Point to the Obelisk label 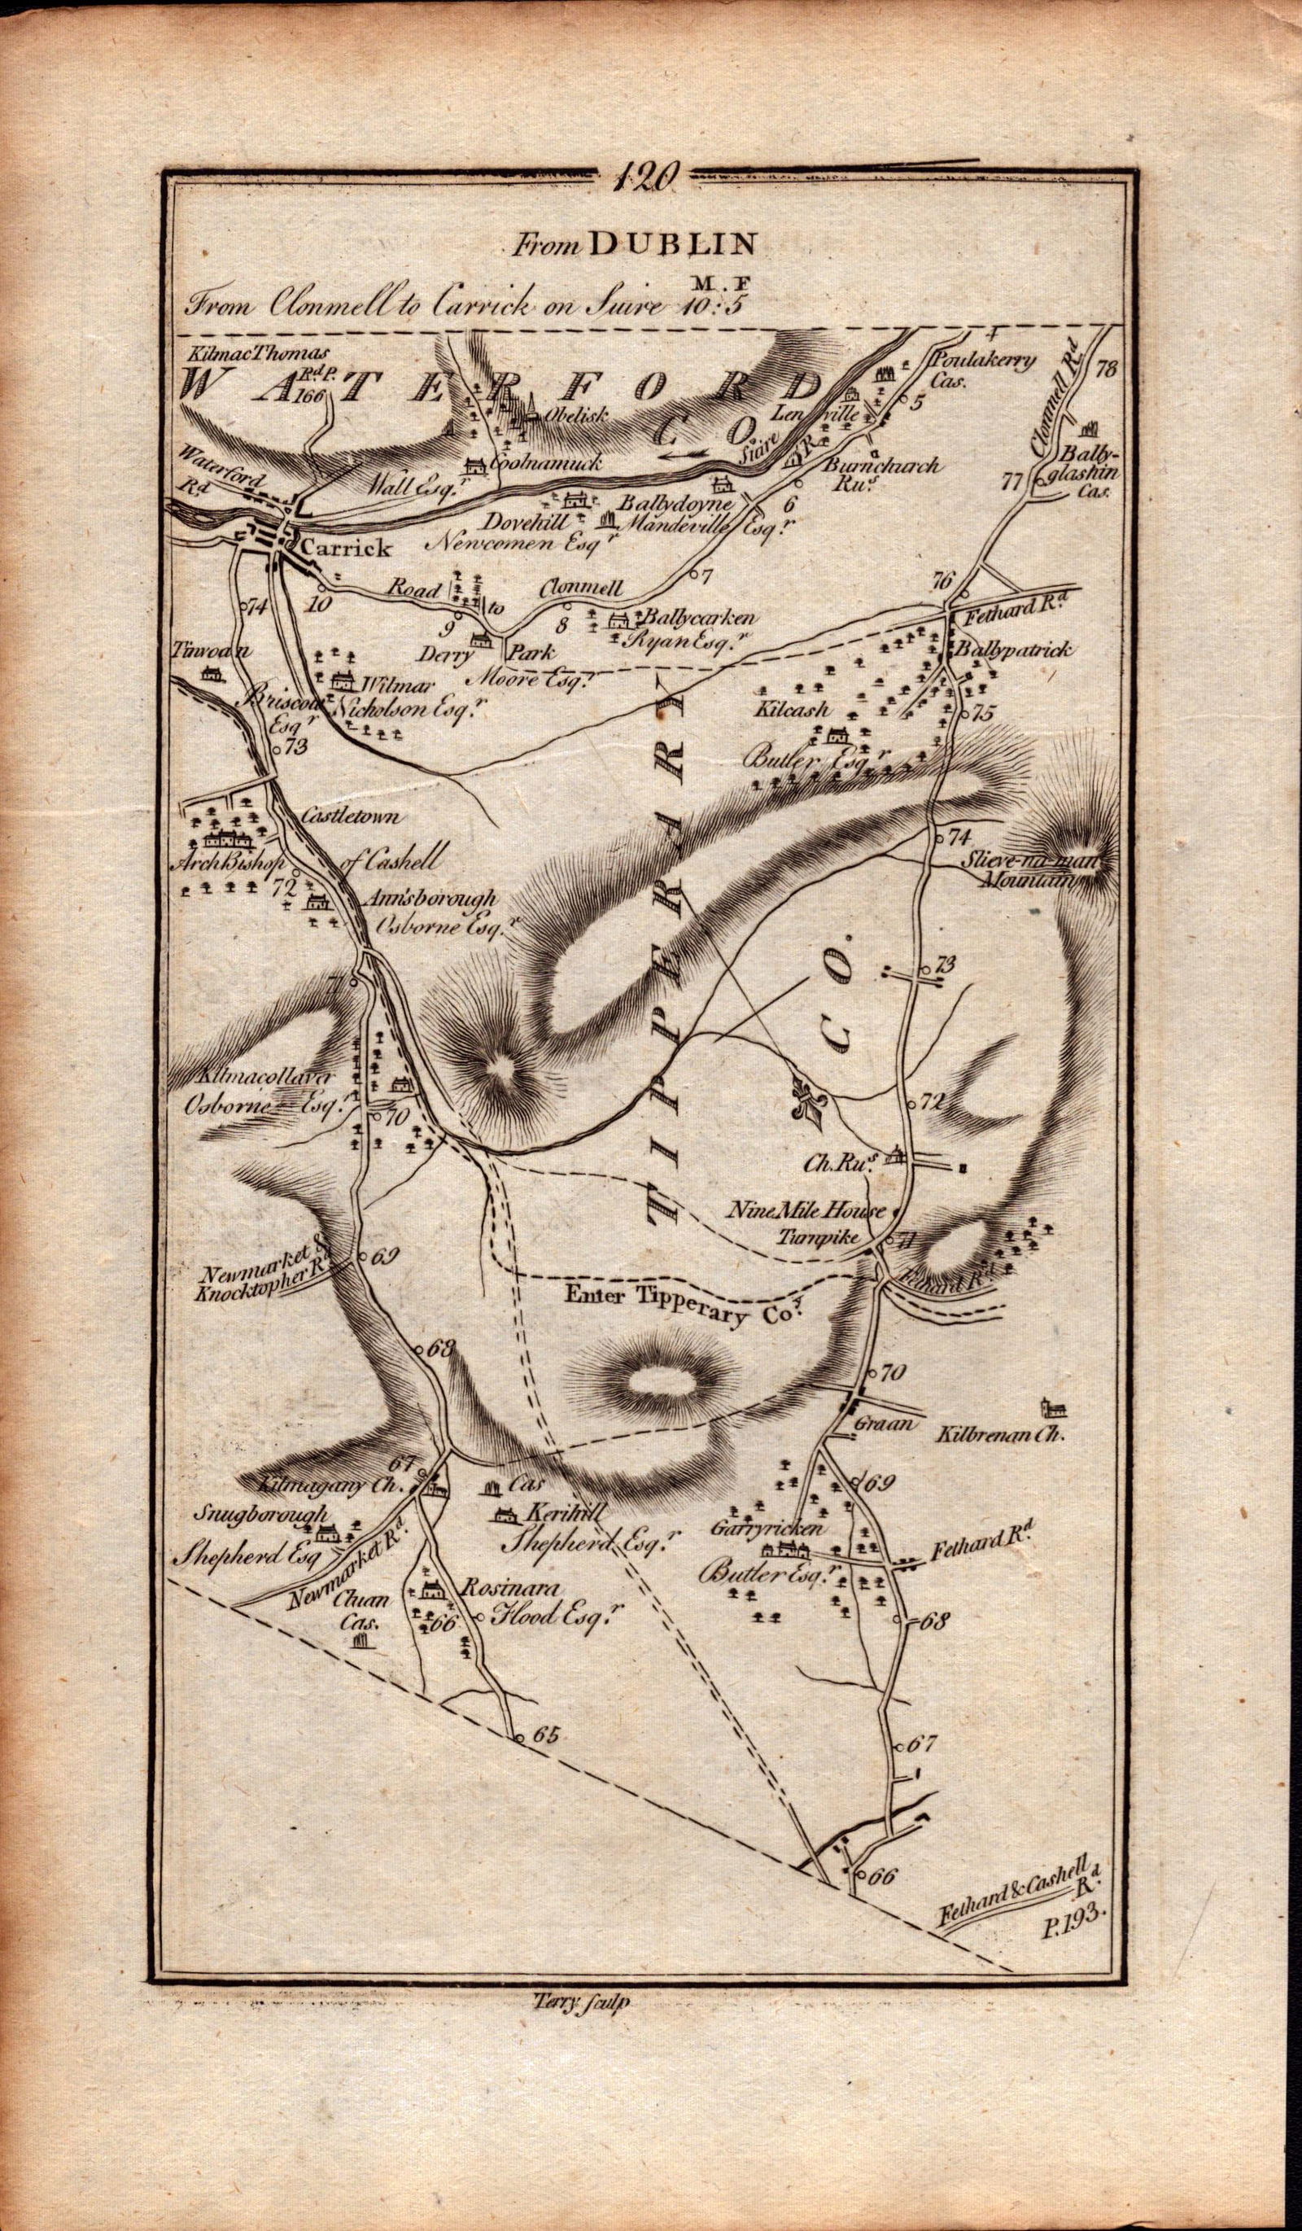point(579,414)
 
